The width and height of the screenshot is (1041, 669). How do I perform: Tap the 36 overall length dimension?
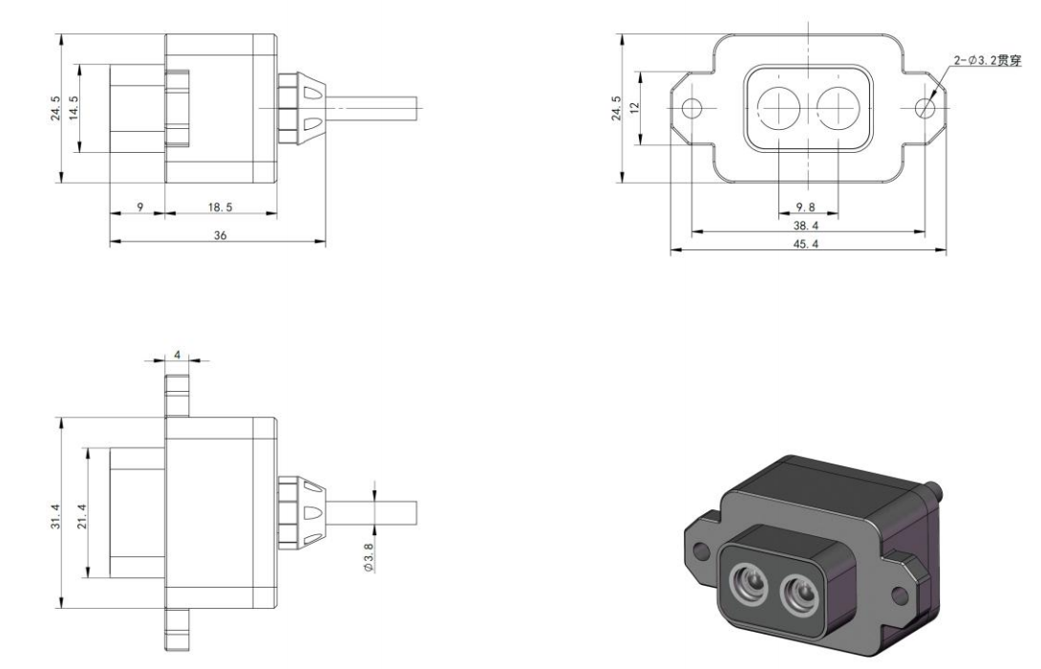point(220,234)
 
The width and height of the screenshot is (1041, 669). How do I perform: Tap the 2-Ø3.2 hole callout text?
point(988,61)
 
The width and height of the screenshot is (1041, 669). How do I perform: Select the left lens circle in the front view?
point(779,107)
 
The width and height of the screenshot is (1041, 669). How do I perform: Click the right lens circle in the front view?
point(839,107)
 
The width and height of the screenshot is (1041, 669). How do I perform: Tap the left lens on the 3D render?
point(746,581)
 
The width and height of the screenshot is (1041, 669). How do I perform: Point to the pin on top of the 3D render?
point(939,491)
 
